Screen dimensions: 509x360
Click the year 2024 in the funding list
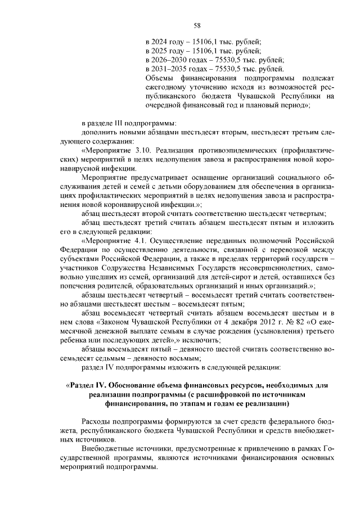(160, 42)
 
